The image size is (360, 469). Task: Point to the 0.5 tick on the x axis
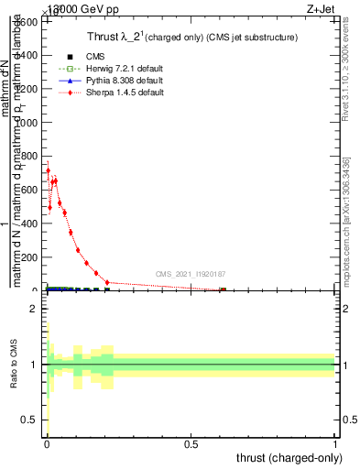click(x=191, y=443)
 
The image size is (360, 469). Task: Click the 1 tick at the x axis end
click(x=335, y=443)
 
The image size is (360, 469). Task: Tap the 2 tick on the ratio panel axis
click(x=33, y=309)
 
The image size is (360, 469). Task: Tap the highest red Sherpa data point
click(x=48, y=170)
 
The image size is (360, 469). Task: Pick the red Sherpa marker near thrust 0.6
click(x=222, y=290)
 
